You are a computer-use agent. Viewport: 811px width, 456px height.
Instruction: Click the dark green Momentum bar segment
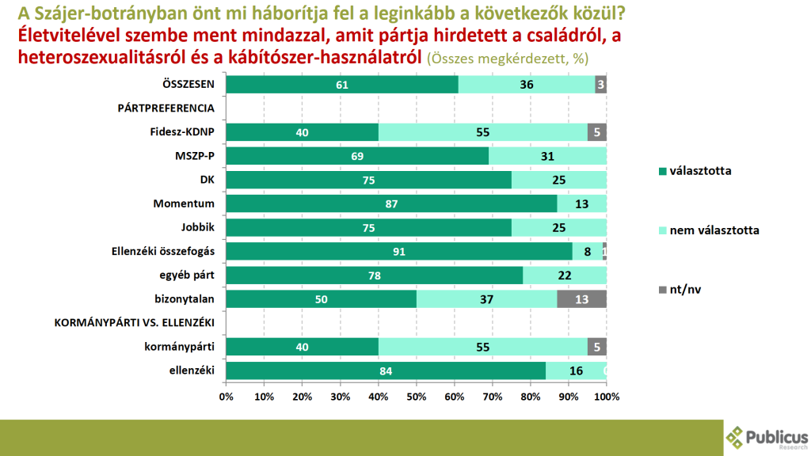tap(392, 203)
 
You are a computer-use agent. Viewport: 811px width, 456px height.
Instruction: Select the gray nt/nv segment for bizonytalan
tap(582, 298)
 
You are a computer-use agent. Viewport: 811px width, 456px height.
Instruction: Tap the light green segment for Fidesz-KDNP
tap(483, 132)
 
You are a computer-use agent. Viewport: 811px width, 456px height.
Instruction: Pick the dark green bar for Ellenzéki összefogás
tap(399, 251)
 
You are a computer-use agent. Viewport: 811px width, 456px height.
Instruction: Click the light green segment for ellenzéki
tap(576, 370)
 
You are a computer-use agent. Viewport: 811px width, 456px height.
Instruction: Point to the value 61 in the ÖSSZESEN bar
tap(342, 85)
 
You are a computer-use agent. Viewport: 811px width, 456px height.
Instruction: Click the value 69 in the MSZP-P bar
tap(356, 156)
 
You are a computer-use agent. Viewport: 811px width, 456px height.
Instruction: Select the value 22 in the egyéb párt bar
tap(565, 275)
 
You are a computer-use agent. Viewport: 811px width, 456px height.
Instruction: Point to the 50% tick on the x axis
tap(417, 395)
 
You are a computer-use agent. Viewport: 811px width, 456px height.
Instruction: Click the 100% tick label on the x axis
tap(607, 395)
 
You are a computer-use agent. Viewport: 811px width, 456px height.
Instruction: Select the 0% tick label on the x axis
tap(227, 395)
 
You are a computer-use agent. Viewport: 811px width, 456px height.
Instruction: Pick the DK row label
tap(208, 180)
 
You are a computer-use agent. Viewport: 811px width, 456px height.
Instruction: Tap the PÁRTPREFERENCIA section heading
tap(166, 108)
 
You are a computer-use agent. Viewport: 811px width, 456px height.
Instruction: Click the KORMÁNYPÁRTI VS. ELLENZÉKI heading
tap(135, 321)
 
